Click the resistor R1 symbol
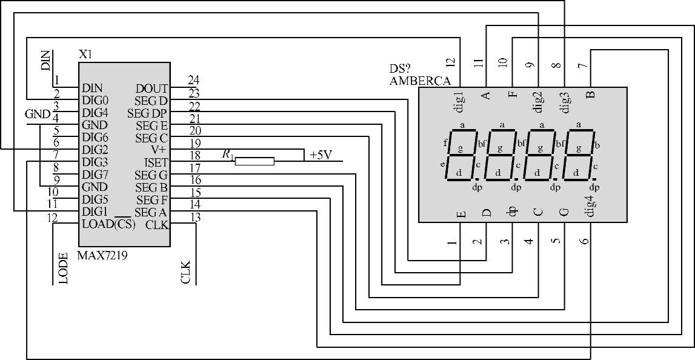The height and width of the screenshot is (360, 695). [x=254, y=161]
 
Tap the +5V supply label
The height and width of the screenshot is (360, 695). [x=321, y=155]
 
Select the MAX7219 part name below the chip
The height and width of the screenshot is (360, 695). [x=102, y=255]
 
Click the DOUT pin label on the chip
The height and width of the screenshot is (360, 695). [x=151, y=88]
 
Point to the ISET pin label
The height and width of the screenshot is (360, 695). [x=155, y=162]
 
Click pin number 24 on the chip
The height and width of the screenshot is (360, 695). [x=194, y=80]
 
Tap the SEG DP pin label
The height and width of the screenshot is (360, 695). [x=147, y=113]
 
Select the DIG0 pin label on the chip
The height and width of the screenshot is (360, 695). [x=95, y=100]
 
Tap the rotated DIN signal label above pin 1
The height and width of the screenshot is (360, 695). [x=46, y=61]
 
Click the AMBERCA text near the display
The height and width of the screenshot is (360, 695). [x=420, y=81]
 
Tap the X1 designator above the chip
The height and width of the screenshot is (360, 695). [x=85, y=54]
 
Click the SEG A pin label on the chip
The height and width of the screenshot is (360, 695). [x=150, y=212]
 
